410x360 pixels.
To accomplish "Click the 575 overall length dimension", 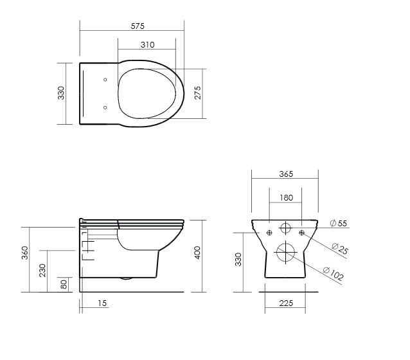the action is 138,26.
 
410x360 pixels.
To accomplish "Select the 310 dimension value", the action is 147,45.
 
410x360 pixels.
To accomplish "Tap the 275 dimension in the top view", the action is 198,93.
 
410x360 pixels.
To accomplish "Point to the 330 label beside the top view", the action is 61,93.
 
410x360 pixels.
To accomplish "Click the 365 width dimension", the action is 286,174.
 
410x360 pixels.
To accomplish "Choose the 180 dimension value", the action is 287,198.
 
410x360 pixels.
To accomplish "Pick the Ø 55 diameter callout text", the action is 339,224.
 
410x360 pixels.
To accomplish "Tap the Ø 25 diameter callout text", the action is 340,249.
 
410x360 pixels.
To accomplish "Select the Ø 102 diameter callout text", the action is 333,274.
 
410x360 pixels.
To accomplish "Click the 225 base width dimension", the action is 286,303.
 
